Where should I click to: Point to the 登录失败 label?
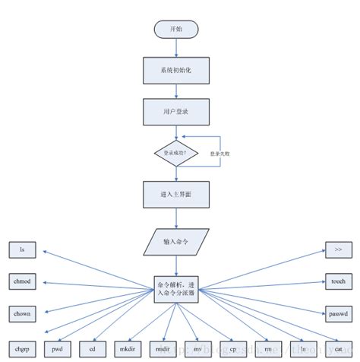click(221, 153)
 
